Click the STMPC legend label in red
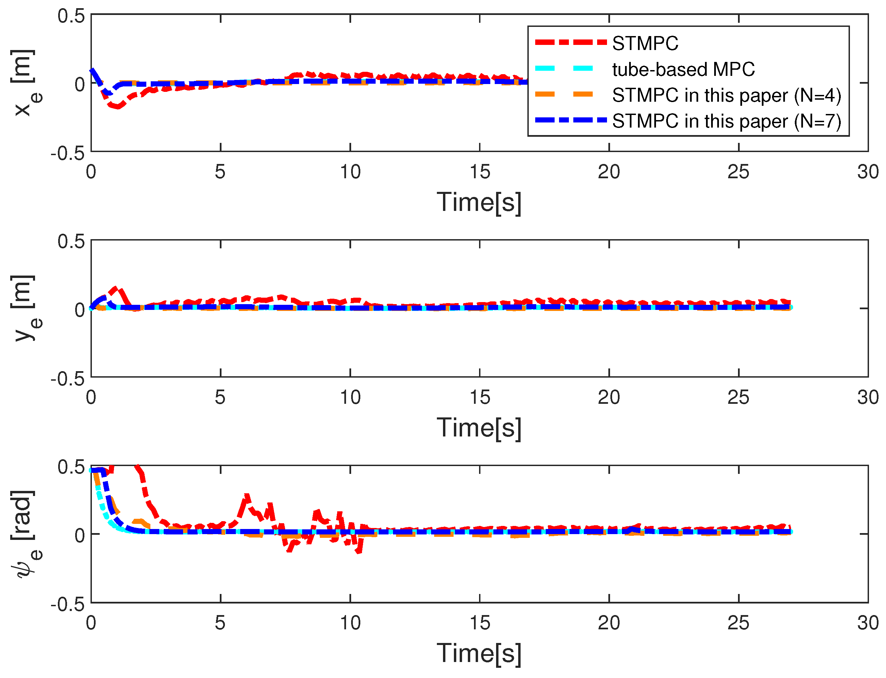pyautogui.click(x=645, y=43)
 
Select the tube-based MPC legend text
pyautogui.click(x=683, y=69)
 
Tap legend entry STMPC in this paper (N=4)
pyautogui.click(x=726, y=95)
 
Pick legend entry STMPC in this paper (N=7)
pyautogui.click(x=726, y=121)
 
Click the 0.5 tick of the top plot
pyautogui.click(x=71, y=16)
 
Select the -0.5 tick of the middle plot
pyautogui.click(x=67, y=379)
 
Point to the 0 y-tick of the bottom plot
pyautogui.click(x=80, y=535)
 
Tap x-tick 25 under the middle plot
pyautogui.click(x=738, y=398)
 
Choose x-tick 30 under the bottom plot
pyautogui.click(x=868, y=623)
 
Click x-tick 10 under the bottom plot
pyautogui.click(x=350, y=623)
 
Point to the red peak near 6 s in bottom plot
pyautogui.click(x=247, y=496)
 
